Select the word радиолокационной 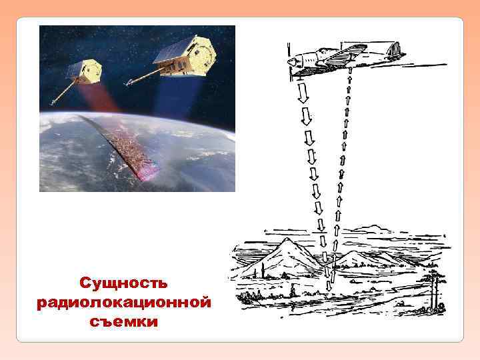pos(124,302)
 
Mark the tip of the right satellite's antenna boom pos(126,85)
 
